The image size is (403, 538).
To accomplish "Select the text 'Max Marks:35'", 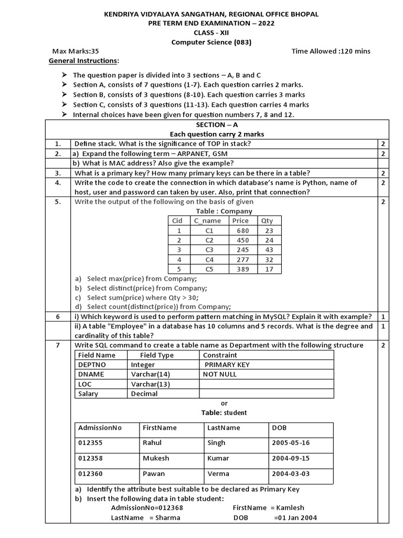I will pos(76,51).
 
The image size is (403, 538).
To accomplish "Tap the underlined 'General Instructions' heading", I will pos(83,61).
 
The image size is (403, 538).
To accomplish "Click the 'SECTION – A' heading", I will pos(217,125).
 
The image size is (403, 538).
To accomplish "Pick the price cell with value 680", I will pos(242,230).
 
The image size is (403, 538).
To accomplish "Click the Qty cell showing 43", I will pos(269,250).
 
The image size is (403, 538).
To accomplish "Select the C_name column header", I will pos(207,221).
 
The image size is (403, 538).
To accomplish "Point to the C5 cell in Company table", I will pos(209,269).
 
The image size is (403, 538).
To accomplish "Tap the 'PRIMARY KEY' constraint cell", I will pos(227,365).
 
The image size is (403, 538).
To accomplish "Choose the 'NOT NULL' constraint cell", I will pos(220,374).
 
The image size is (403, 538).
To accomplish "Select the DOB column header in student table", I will pos(279,428).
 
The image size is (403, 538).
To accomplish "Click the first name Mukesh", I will pos(156,458).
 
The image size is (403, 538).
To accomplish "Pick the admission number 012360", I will pos(91,473).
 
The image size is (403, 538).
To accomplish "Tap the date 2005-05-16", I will pos(291,443).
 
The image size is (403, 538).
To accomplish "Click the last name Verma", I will pos(218,473).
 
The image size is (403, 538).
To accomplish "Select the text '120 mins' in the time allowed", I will pos(356,51).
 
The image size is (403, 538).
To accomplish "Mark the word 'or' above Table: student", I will pos(225,403).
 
